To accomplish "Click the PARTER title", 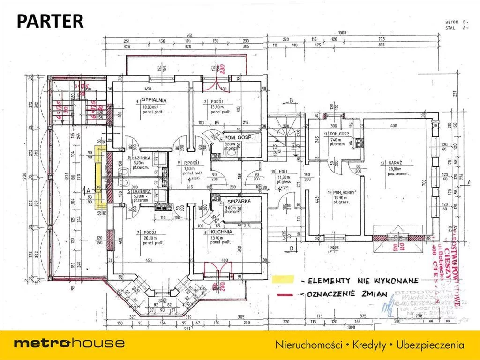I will pos(50,21).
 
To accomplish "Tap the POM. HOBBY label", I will pos(345,192).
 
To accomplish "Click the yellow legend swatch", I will pos(283,279).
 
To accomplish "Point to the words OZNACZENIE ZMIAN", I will pos(347,294).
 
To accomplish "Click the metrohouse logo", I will pos(69,343).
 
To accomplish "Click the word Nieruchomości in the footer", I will pos(308,345).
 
